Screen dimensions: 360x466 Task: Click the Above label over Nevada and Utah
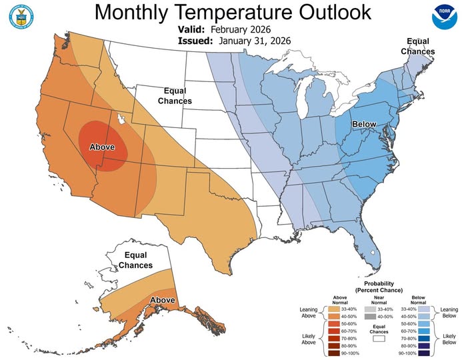(102, 147)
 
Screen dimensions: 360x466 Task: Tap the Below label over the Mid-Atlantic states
(364, 125)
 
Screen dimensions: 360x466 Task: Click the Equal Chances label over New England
(417, 47)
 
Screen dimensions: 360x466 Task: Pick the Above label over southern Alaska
(162, 301)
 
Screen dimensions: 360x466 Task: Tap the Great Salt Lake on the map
(121, 120)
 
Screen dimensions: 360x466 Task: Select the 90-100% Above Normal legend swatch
(338, 353)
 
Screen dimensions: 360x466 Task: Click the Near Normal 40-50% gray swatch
(372, 317)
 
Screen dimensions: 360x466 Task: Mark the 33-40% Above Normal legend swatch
(338, 309)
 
